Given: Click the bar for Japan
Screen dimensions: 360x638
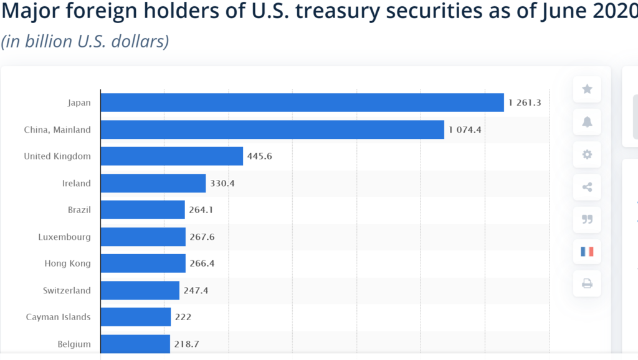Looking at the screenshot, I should point(302,103).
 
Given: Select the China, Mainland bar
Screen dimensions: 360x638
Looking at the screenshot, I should point(272,130).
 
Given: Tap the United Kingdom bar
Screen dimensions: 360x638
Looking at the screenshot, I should point(171,156).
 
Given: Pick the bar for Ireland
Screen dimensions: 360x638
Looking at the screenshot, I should point(153,183).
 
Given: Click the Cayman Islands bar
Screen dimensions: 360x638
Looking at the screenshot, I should point(135,317).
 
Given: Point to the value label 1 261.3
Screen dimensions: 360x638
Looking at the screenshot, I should point(525,103).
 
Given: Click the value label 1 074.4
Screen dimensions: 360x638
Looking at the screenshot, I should point(465,130).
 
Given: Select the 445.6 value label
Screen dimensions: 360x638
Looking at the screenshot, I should point(260,156).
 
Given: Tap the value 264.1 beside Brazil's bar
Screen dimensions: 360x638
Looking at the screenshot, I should point(201,210).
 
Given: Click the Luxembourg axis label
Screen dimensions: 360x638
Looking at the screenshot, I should point(64,237).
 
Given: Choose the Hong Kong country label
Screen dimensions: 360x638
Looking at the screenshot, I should point(67,263).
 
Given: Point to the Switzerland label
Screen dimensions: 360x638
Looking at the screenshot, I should point(66,290).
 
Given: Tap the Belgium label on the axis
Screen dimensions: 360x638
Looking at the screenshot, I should point(74,344).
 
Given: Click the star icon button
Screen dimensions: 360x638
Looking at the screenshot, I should point(587,89).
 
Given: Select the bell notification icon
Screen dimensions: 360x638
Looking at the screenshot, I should point(587,122).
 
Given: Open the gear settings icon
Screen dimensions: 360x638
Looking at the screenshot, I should point(587,154).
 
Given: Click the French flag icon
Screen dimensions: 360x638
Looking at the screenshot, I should point(587,252).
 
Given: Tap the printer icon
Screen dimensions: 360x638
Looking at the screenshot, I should point(587,284).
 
